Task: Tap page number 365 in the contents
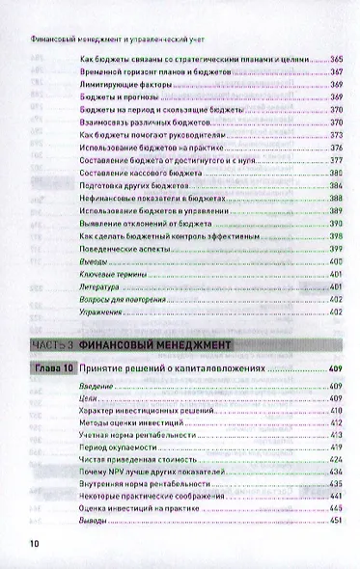click(x=336, y=60)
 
